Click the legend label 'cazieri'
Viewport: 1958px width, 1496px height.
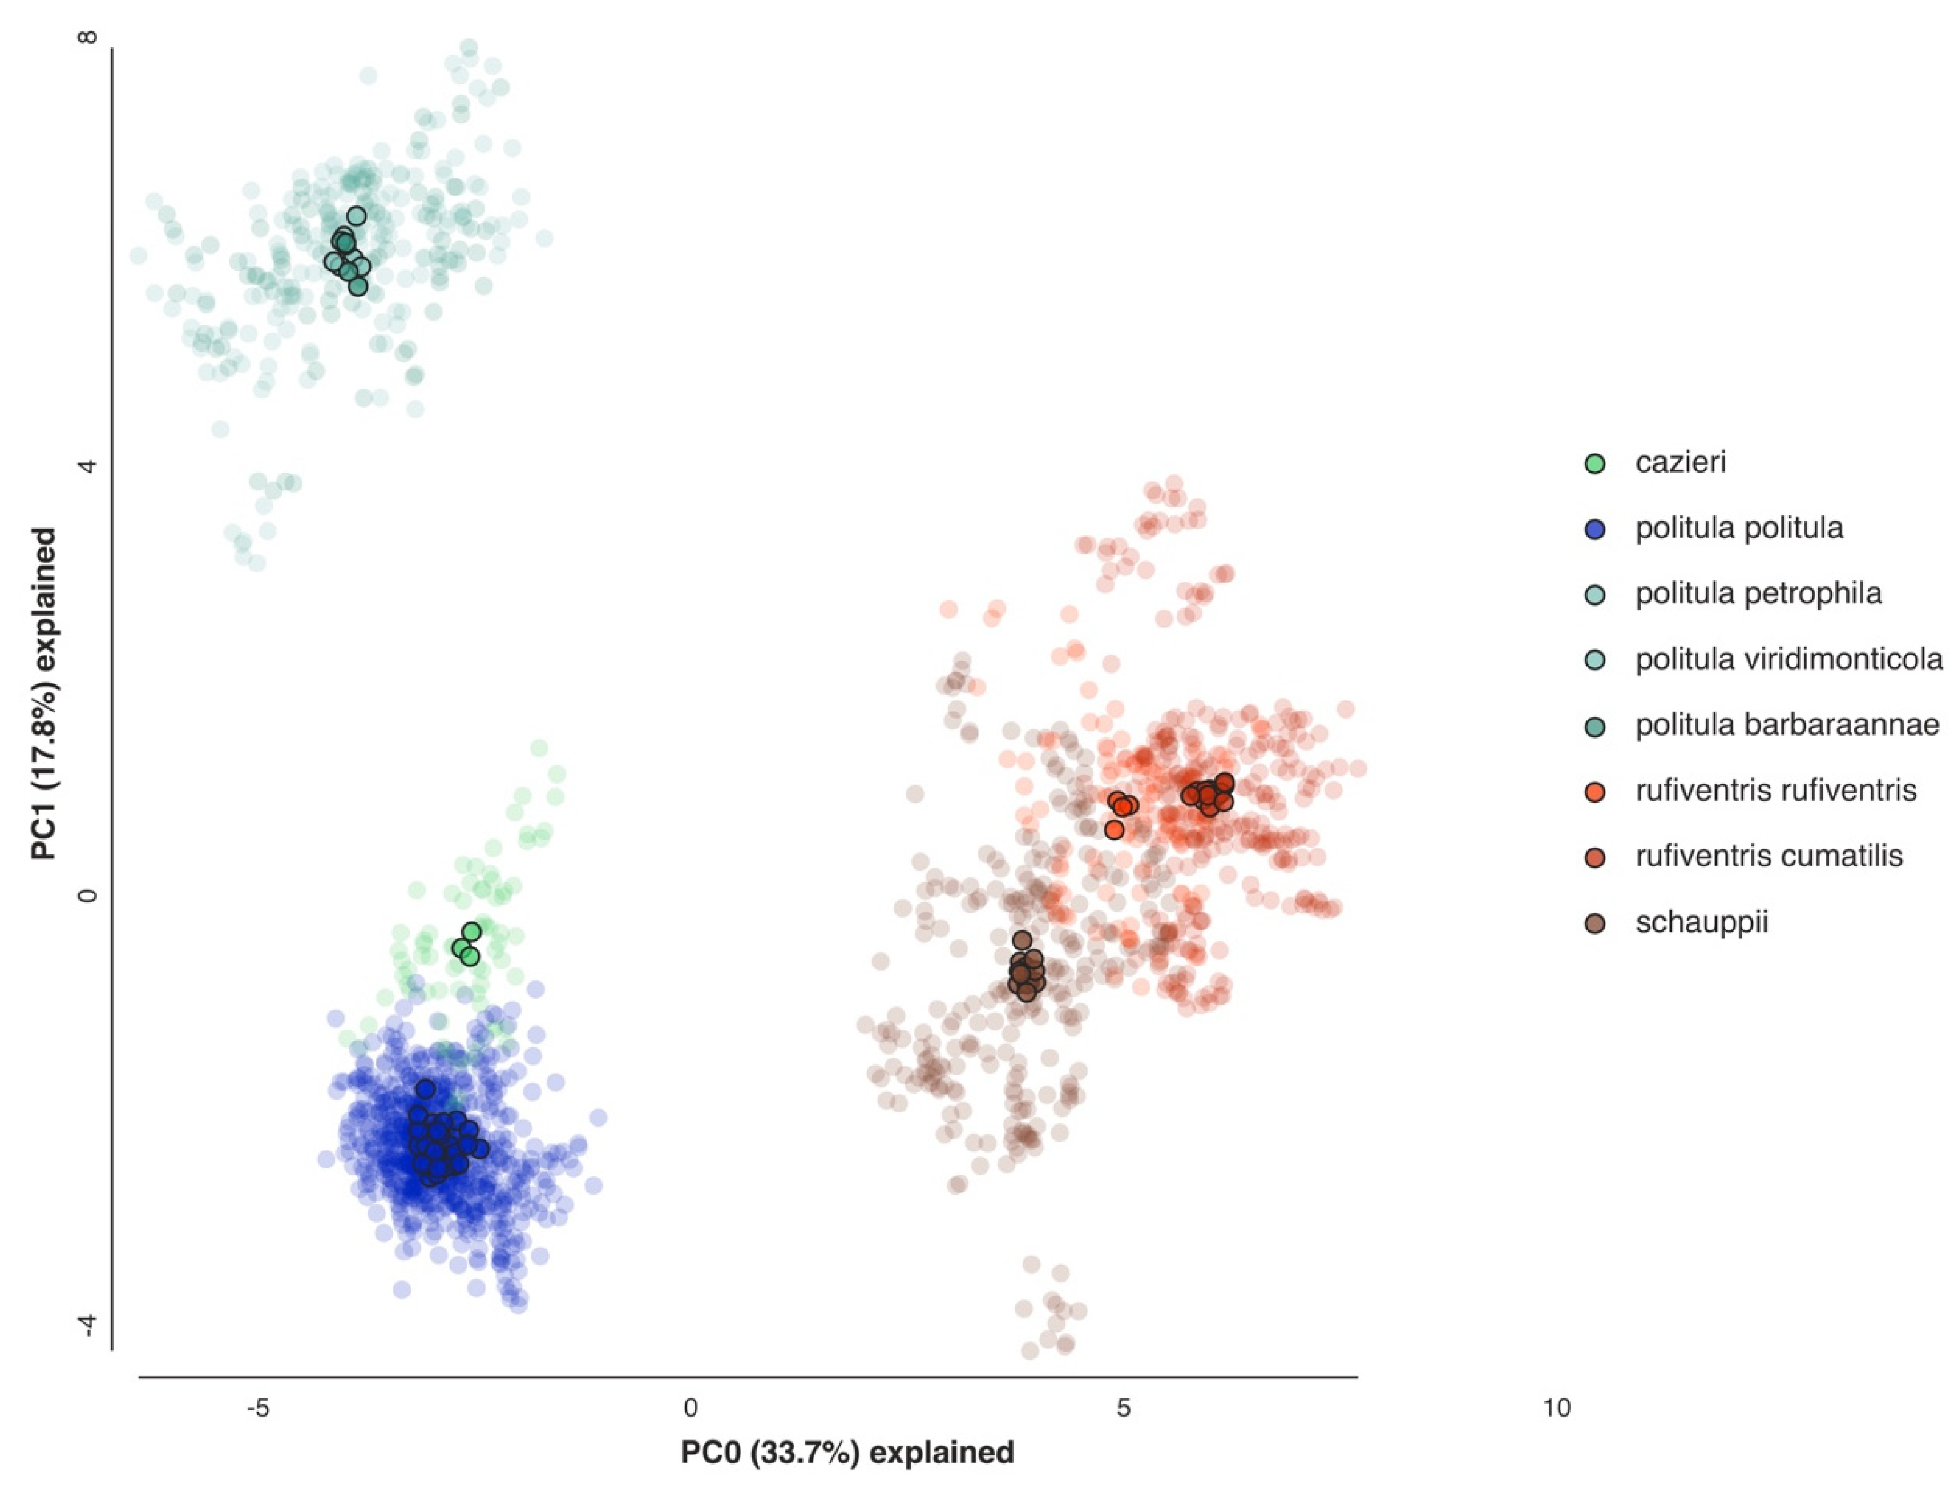[x=1680, y=463]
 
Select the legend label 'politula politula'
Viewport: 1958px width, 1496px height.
[x=1739, y=528]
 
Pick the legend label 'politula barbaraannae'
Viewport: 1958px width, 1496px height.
[x=1787, y=725]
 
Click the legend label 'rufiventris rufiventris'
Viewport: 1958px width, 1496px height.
[x=1775, y=790]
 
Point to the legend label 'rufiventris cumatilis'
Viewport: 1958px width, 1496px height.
[x=1769, y=856]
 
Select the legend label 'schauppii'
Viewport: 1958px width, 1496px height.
[x=1701, y=922]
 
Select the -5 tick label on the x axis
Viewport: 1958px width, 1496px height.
[x=257, y=1409]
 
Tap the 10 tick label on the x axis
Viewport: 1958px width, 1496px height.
[x=1556, y=1409]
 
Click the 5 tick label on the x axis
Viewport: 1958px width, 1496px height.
[x=1124, y=1409]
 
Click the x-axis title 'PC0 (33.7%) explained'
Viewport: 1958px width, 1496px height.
[x=847, y=1453]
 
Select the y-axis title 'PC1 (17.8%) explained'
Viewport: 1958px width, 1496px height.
[x=43, y=695]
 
